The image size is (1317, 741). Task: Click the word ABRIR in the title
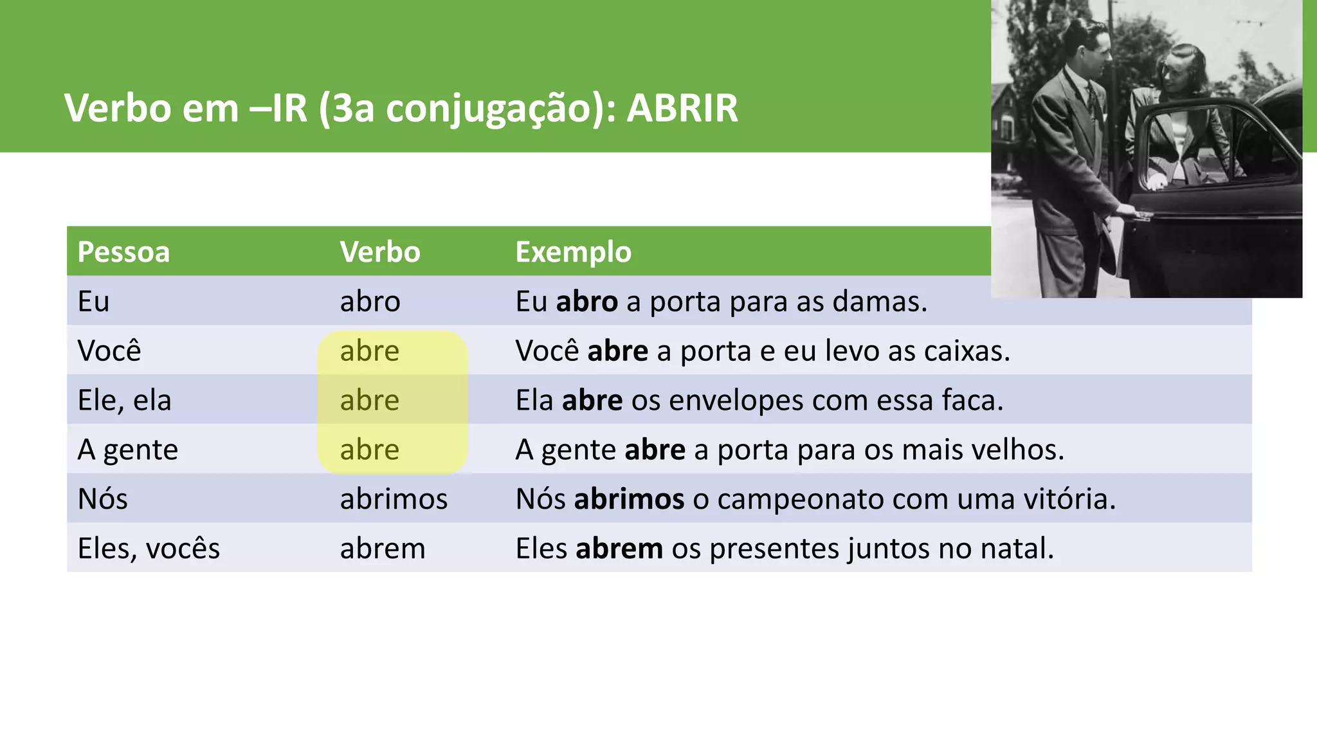(682, 107)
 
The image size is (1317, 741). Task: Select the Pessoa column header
(123, 252)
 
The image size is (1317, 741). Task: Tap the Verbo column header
(379, 252)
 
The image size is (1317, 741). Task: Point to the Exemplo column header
(573, 252)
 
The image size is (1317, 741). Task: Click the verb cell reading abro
(370, 301)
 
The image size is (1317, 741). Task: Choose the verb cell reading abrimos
(394, 499)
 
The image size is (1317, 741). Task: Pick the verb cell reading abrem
(383, 548)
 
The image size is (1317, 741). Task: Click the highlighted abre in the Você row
(370, 351)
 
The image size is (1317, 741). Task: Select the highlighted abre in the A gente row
(370, 449)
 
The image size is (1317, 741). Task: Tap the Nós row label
(103, 499)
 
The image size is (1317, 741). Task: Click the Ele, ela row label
(124, 400)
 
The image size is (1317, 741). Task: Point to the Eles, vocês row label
(149, 548)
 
